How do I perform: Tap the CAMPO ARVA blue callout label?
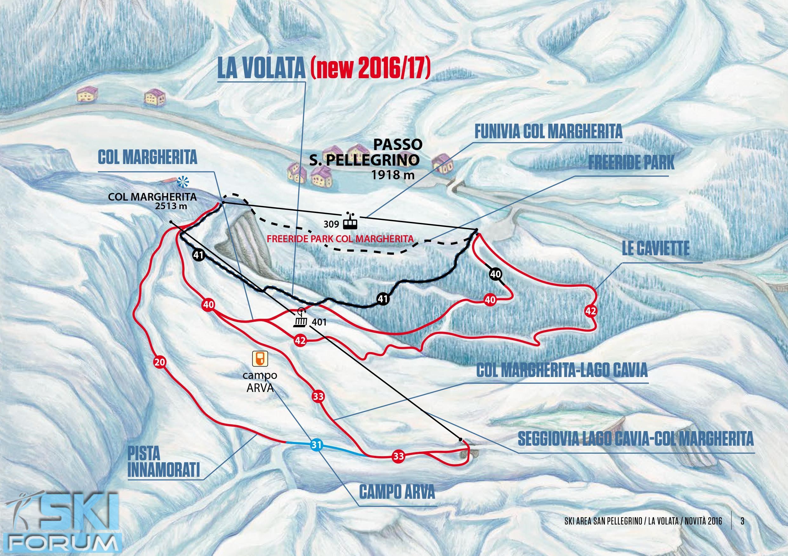397,492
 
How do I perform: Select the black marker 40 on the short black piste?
496,274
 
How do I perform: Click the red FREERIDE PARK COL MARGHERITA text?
340,238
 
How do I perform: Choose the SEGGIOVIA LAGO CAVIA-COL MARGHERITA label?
635,439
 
